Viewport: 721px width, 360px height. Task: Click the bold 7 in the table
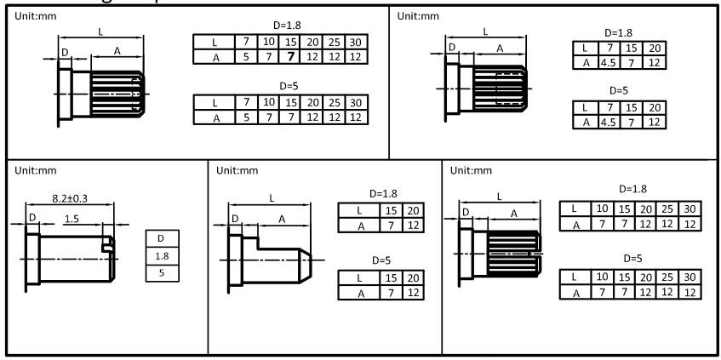pos(291,56)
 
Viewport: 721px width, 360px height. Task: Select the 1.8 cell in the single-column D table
pos(162,254)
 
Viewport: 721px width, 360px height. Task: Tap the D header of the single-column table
pos(162,237)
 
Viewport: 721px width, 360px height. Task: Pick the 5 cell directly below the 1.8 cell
pos(162,272)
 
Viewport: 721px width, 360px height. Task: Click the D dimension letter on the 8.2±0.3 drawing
pos(32,219)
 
